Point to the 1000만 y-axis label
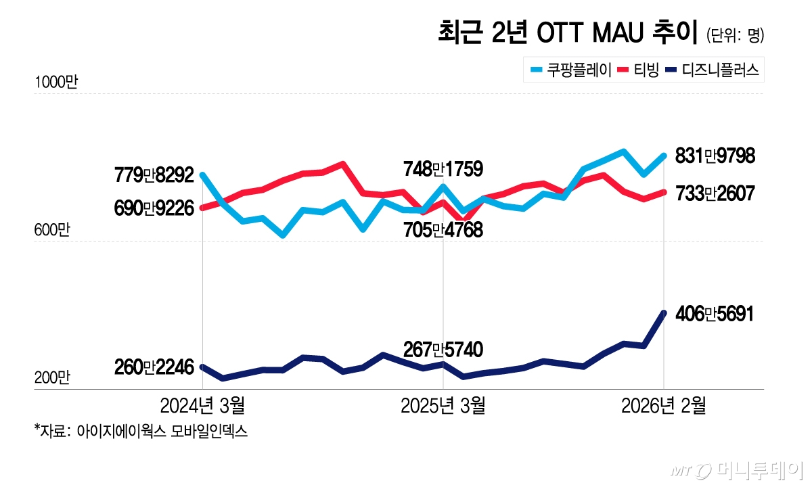[56, 83]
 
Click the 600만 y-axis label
[52, 231]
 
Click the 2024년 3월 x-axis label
[202, 406]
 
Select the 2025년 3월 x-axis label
[443, 406]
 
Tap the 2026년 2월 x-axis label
[663, 406]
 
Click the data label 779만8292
[155, 176]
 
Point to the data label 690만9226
[155, 208]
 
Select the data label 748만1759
[443, 169]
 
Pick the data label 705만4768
[443, 231]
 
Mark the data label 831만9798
[710, 156]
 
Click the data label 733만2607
[710, 193]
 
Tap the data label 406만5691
[710, 314]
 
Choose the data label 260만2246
[155, 368]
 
